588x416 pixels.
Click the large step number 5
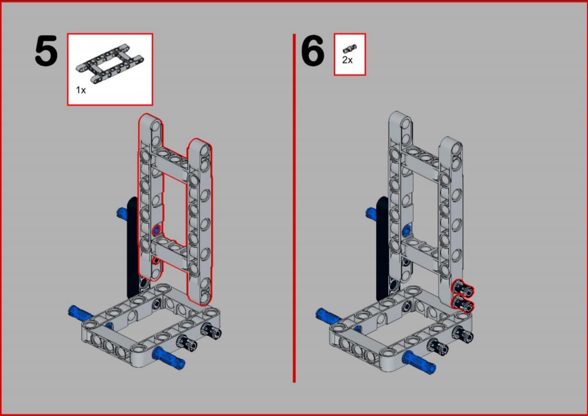pyautogui.click(x=46, y=51)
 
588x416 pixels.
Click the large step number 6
pyautogui.click(x=312, y=51)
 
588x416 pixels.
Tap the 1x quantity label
pyautogui.click(x=81, y=90)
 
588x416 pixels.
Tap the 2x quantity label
pyautogui.click(x=348, y=60)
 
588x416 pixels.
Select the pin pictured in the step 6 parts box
pyautogui.click(x=349, y=48)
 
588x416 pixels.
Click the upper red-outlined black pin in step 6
pyautogui.click(x=463, y=288)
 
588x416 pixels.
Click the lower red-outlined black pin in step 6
pyautogui.click(x=463, y=303)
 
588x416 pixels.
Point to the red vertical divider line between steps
pyautogui.click(x=294, y=208)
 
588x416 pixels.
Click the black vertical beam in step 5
pyautogui.click(x=133, y=247)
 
